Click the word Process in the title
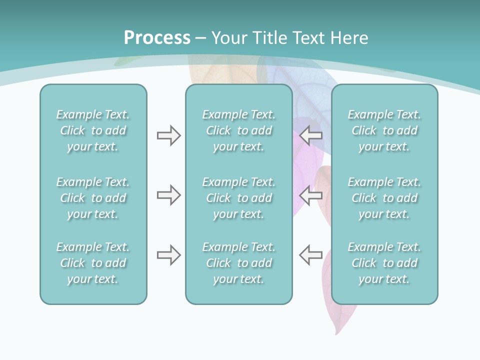tap(157, 38)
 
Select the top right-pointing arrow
tap(168, 135)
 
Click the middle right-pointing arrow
tap(168, 195)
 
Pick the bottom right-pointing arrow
tap(168, 255)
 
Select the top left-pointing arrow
tap(311, 135)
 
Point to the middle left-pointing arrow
tap(311, 195)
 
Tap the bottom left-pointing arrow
tap(311, 255)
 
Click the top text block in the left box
tap(93, 130)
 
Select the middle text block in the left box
tap(93, 198)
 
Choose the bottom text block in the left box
tap(93, 263)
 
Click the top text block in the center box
tap(238, 130)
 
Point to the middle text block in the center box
tap(238, 198)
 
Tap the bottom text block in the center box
tap(238, 263)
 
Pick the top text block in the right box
tap(384, 130)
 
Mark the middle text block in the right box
tap(384, 198)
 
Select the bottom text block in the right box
tap(384, 263)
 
